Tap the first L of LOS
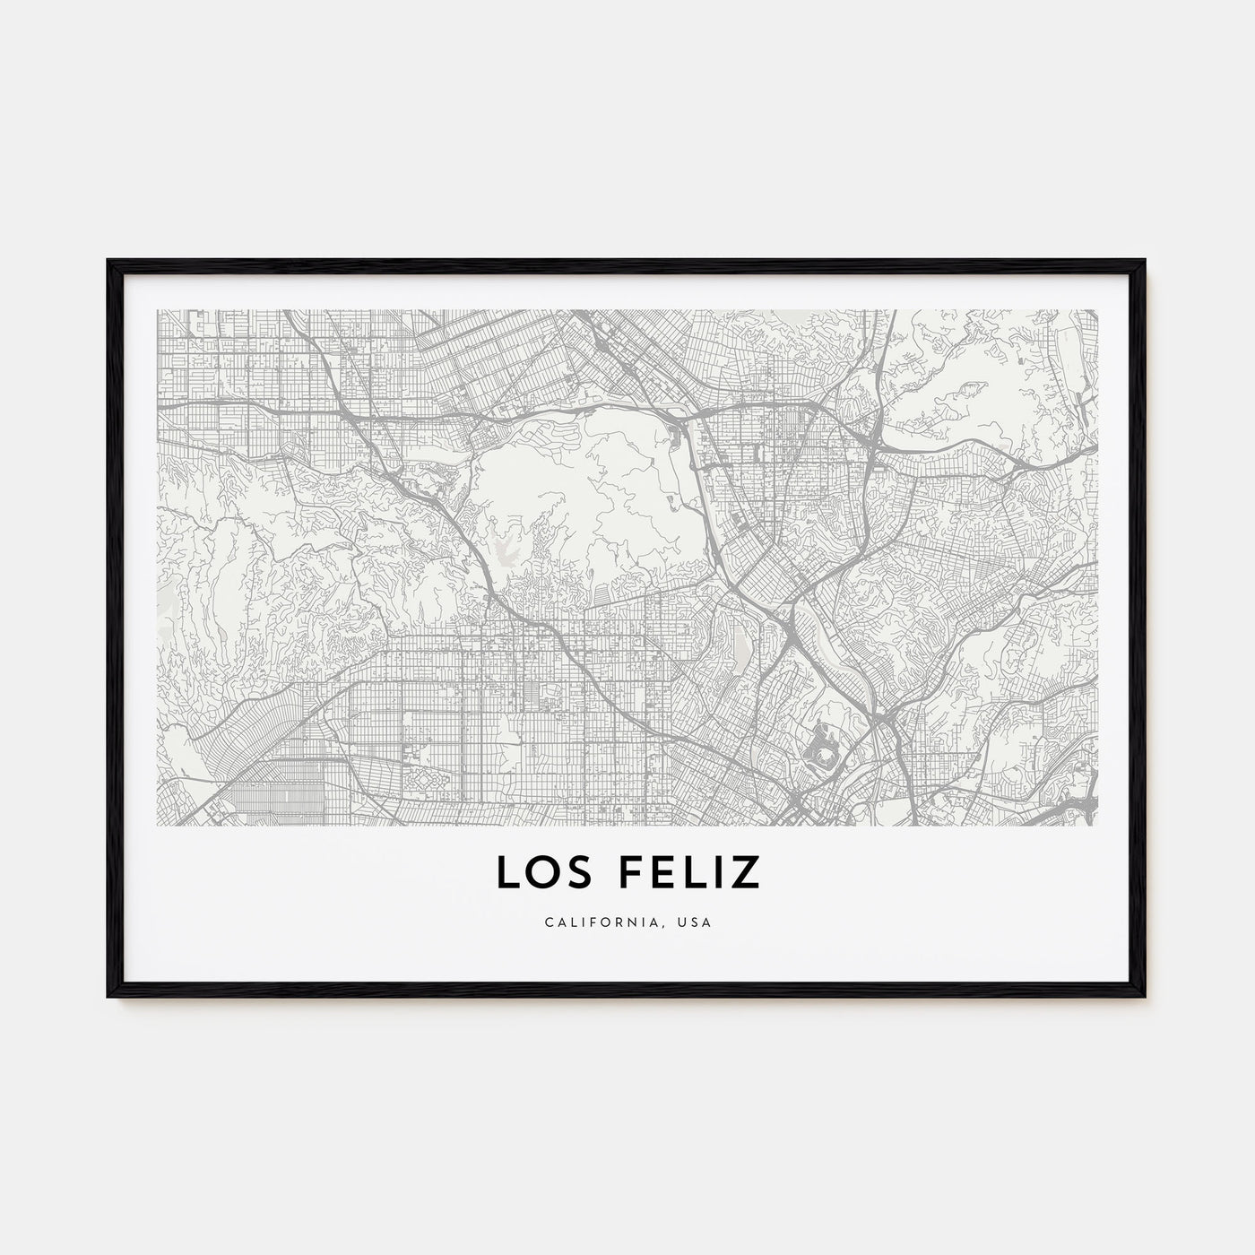click(507, 872)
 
